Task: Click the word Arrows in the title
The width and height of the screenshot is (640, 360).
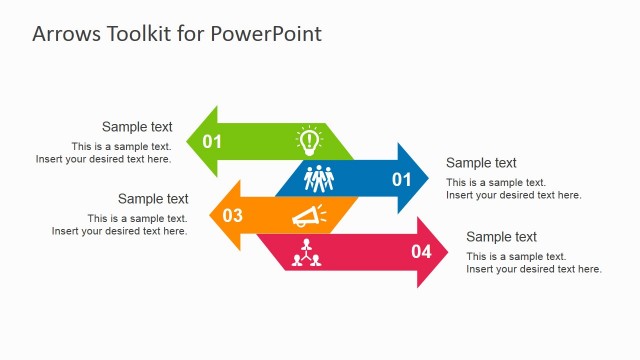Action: (x=64, y=34)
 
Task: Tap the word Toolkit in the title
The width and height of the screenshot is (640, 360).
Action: (x=138, y=34)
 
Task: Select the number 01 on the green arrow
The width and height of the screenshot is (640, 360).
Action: (x=212, y=141)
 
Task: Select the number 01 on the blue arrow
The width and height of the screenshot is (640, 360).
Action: (x=401, y=180)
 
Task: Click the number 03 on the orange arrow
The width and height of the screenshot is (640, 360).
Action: (x=232, y=215)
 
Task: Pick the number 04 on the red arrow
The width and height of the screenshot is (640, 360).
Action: (x=421, y=252)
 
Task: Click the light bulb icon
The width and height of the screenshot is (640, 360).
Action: (x=309, y=140)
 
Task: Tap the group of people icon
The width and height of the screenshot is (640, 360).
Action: (x=318, y=179)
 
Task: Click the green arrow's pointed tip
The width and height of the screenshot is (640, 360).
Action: (x=191, y=141)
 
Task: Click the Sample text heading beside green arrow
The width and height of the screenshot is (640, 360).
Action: (x=137, y=127)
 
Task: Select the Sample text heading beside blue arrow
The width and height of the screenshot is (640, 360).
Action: (x=481, y=163)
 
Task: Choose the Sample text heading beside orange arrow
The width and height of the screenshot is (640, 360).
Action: (x=153, y=199)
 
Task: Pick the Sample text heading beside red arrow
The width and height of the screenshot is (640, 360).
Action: (x=501, y=237)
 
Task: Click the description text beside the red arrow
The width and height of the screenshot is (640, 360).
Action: (x=533, y=263)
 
